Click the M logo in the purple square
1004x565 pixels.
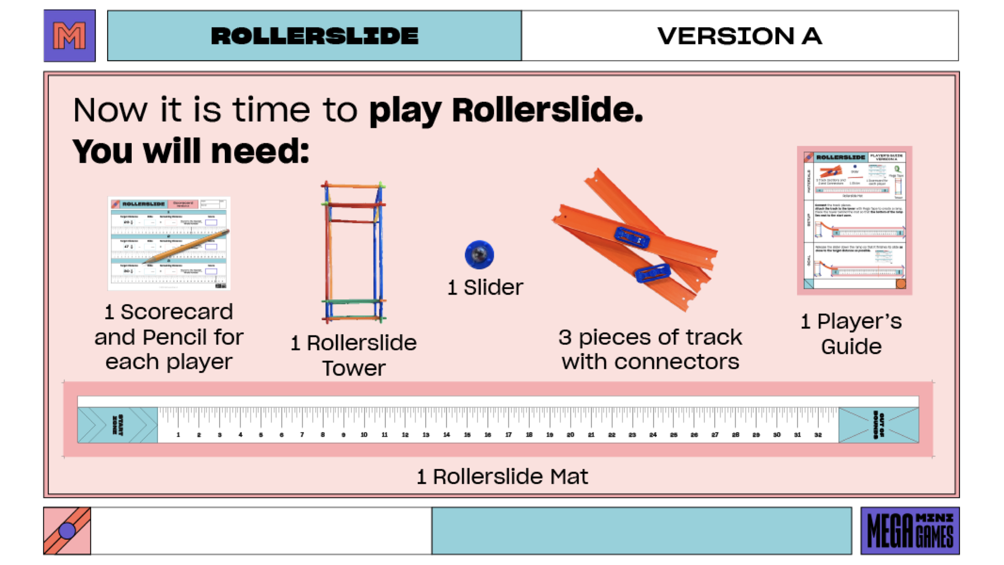(x=70, y=36)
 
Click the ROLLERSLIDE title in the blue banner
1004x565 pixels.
(x=314, y=36)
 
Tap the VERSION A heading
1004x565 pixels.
(x=739, y=36)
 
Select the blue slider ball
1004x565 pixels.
(x=479, y=255)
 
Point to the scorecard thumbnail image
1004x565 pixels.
(x=169, y=243)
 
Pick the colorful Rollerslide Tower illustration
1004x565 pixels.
(x=354, y=252)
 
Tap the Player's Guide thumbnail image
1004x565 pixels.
(x=854, y=220)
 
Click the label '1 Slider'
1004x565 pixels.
(x=485, y=287)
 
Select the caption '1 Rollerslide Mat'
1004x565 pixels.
(x=502, y=477)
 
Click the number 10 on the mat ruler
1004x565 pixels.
(x=364, y=435)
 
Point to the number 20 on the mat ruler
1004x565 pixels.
(x=571, y=435)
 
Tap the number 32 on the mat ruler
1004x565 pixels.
(x=818, y=435)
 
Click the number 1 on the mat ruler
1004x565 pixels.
(x=178, y=435)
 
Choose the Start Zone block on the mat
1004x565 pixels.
(x=118, y=425)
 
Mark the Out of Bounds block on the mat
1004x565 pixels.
(x=878, y=425)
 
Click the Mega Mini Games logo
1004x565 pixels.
(x=910, y=530)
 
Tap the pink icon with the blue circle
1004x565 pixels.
(x=67, y=530)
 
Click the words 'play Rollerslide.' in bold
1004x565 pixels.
(x=506, y=110)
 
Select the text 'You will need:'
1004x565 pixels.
(x=191, y=152)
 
